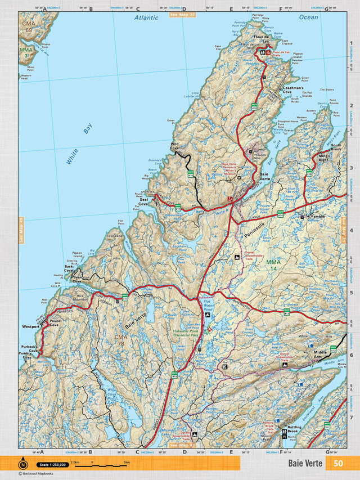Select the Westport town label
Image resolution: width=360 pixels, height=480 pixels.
31,326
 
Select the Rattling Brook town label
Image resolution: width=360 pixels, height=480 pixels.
294,429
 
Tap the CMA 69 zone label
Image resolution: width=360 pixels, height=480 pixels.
28,27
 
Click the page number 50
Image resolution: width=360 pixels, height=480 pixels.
338,464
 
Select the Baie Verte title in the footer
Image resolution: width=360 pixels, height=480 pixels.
305,464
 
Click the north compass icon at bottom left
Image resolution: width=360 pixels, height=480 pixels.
23,464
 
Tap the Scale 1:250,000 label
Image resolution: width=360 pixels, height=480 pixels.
52,465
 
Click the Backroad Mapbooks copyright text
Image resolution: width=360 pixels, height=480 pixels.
38,474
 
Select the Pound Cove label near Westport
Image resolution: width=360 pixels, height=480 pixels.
54,323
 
